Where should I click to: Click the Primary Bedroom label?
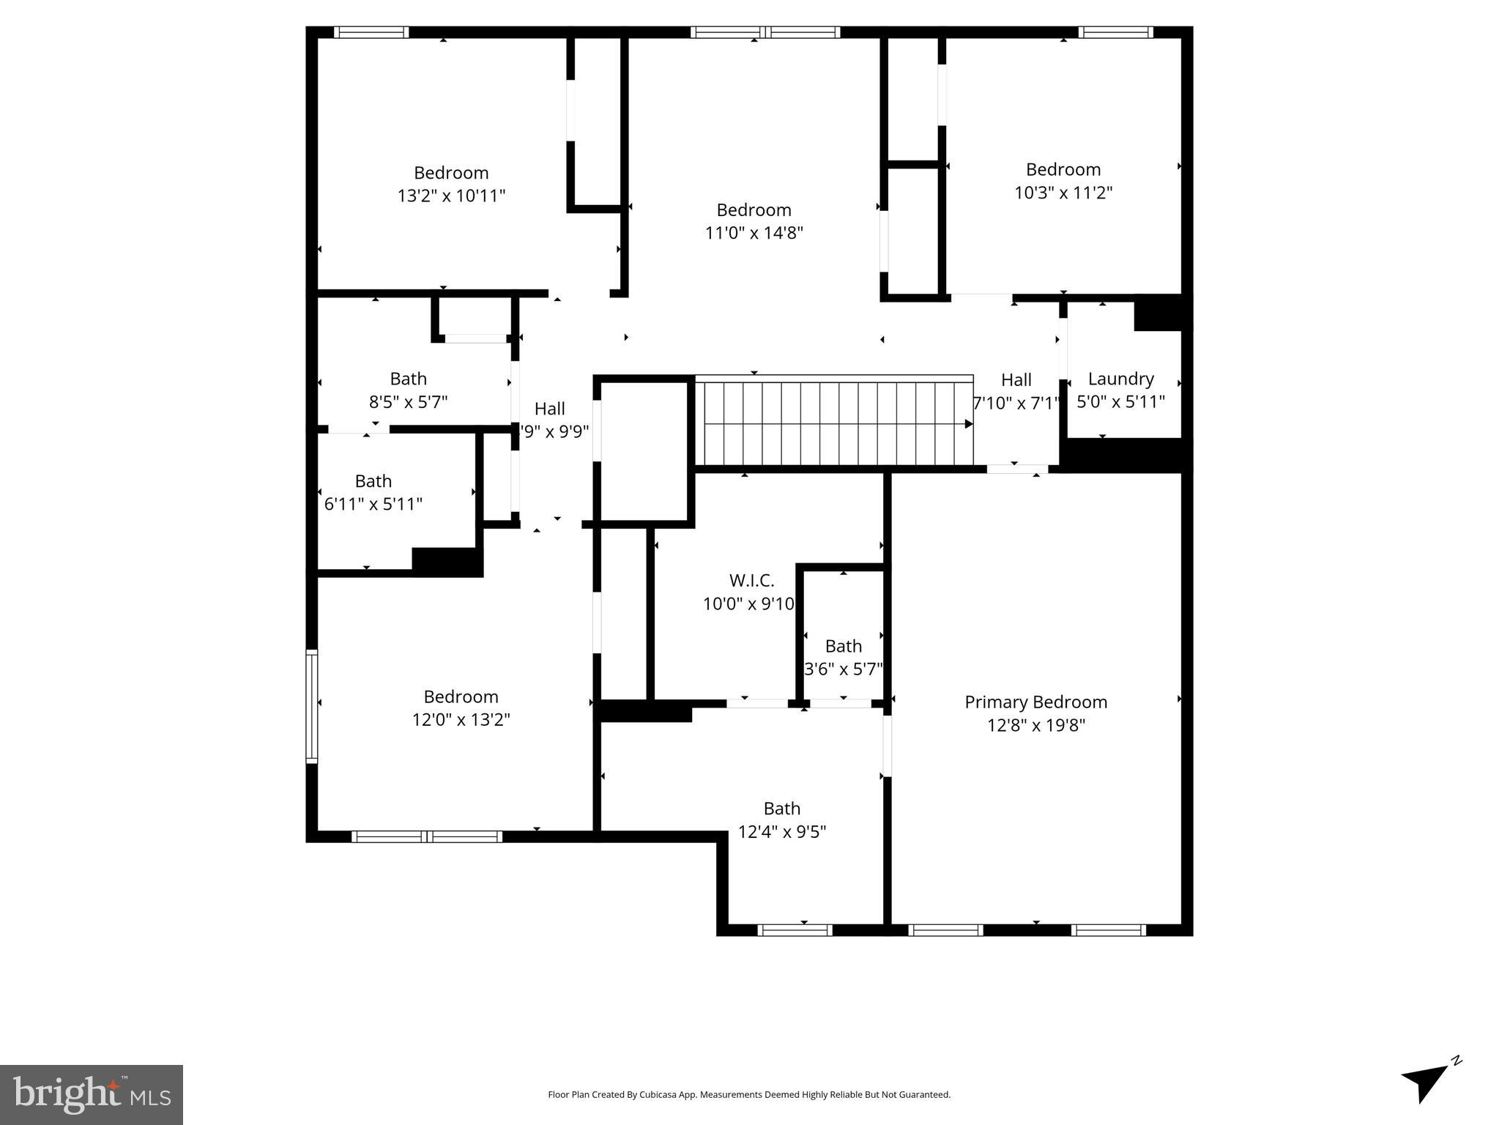pos(1035,702)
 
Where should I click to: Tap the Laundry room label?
pos(1120,379)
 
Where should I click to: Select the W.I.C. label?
pos(751,581)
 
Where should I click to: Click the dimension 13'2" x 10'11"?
pos(451,196)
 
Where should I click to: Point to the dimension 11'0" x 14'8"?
pos(754,233)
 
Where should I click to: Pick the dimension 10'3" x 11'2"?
pos(1063,193)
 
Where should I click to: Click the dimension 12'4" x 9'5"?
pos(781,832)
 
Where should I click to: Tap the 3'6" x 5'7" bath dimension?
pos(843,669)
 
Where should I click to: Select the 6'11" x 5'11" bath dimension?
pos(373,505)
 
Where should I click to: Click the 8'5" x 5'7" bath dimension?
pos(408,402)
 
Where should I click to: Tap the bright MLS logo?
pos(92,1094)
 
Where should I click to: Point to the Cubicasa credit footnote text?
pos(748,1095)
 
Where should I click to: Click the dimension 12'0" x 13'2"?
pos(461,720)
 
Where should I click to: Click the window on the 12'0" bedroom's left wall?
pos(312,706)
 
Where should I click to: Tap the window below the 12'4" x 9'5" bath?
pos(795,930)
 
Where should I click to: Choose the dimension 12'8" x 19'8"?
pos(1035,725)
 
